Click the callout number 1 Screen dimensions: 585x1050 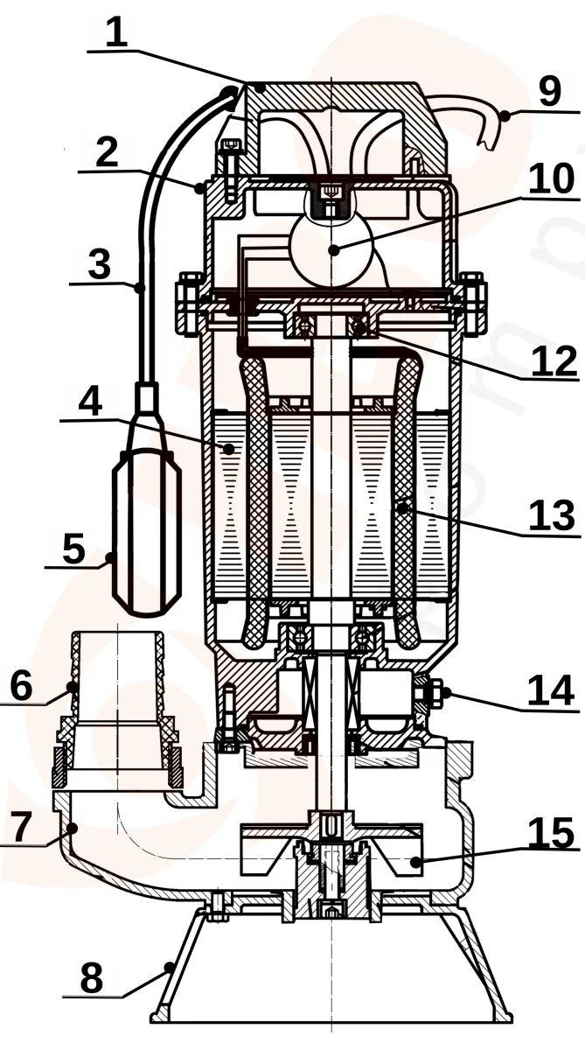point(116,34)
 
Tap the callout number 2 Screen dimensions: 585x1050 point(108,153)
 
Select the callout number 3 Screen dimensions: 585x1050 point(99,264)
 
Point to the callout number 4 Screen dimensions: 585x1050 point(89,402)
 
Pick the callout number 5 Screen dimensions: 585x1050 point(73,548)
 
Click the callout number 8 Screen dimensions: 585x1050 point(91,978)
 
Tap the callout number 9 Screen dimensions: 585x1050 point(549,91)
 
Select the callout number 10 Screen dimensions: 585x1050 point(551,178)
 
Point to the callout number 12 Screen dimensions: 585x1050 point(554,360)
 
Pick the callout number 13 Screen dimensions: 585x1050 point(553,515)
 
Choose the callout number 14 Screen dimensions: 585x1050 point(551,691)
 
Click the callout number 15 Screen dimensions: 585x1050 point(551,833)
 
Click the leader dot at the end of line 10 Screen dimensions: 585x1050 point(333,250)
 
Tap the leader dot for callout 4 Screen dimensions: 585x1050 point(228,449)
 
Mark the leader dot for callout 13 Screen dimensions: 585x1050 point(402,507)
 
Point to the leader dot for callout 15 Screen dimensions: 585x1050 point(414,862)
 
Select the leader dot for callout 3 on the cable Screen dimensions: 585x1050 point(139,287)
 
